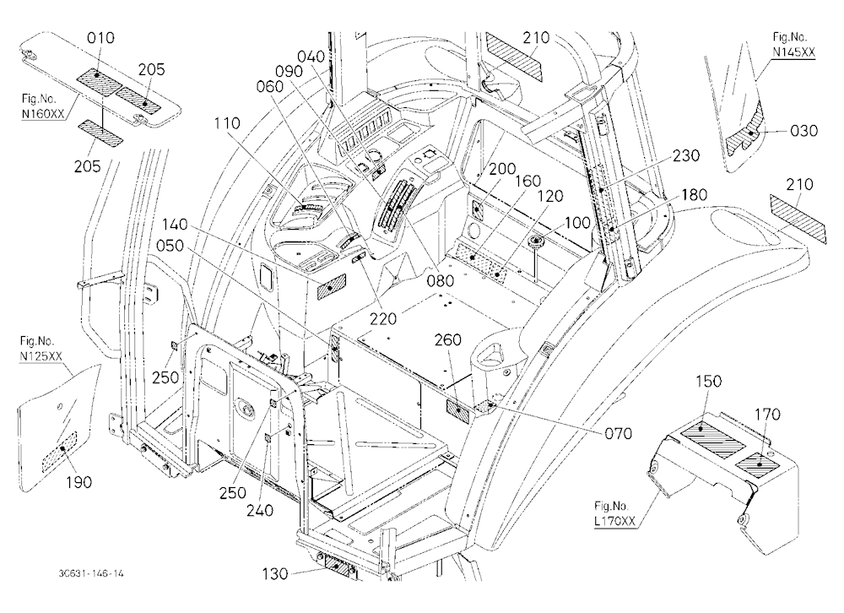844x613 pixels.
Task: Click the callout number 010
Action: pyautogui.click(x=100, y=38)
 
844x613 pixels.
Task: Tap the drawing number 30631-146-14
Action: pyautogui.click(x=91, y=573)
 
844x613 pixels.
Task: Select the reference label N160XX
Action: pyautogui.click(x=42, y=114)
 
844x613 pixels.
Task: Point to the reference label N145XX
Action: pyautogui.click(x=794, y=52)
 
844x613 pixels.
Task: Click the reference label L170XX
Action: pyautogui.click(x=614, y=521)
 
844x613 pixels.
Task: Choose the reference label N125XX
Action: pyautogui.click(x=41, y=355)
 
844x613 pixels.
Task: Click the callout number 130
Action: pyautogui.click(x=275, y=574)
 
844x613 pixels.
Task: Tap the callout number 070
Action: pyautogui.click(x=618, y=433)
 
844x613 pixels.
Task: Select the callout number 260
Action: pyautogui.click(x=448, y=340)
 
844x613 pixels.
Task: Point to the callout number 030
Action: pyautogui.click(x=803, y=131)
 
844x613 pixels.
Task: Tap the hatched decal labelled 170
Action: pyautogui.click(x=758, y=464)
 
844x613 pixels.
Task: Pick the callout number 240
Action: pyautogui.click(x=260, y=510)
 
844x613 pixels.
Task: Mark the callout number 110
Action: pyautogui.click(x=226, y=123)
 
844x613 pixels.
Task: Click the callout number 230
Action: pyautogui.click(x=686, y=155)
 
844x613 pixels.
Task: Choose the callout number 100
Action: pyautogui.click(x=577, y=222)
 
